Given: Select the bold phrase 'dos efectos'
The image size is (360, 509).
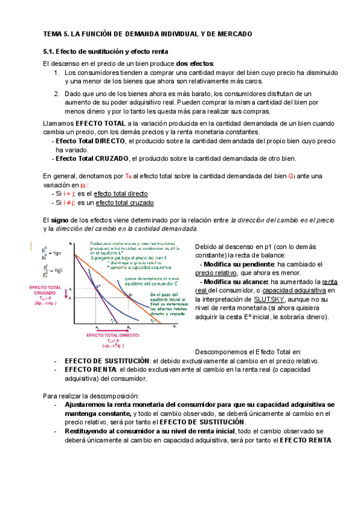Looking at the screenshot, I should click(x=195, y=64).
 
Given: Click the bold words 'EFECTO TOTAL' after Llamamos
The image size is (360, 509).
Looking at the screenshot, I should click(x=97, y=123).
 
